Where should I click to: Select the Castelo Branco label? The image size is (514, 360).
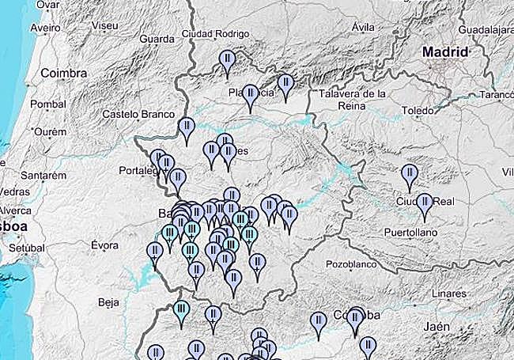138,114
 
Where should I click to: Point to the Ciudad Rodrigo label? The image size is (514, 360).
215,34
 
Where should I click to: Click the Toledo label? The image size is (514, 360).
418,110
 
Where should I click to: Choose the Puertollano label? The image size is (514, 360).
411,233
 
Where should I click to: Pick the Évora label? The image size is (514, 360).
104,245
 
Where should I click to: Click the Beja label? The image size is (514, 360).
107,301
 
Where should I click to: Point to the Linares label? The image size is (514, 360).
449,294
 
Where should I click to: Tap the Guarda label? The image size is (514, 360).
155,39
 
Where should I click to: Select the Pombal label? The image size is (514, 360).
48,104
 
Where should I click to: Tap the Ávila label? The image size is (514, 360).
363,27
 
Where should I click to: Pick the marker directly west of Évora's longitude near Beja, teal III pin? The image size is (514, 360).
182,310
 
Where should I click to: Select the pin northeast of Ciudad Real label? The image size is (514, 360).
409,175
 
